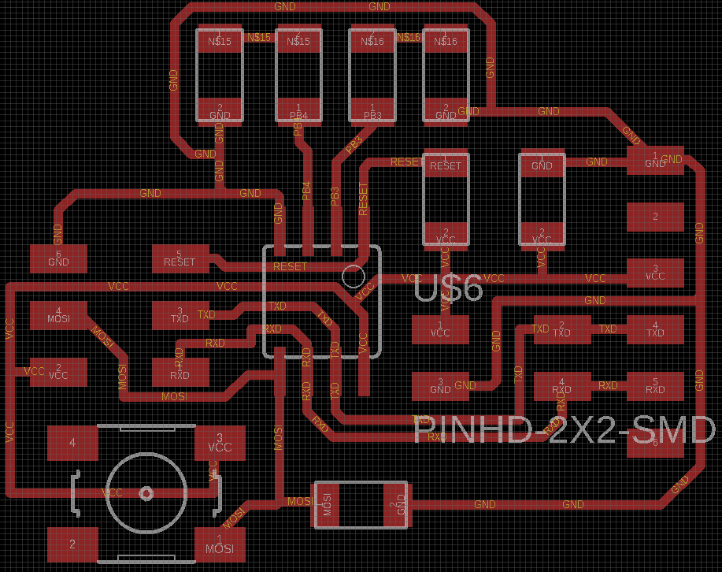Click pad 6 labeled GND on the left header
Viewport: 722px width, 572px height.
tap(58, 258)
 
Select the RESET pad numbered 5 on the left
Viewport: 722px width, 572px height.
tap(180, 258)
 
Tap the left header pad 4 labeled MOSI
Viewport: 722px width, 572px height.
tap(58, 315)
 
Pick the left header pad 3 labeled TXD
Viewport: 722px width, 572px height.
tap(180, 315)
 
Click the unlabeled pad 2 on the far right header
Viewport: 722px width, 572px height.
tap(655, 217)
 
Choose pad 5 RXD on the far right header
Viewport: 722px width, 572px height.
tap(655, 386)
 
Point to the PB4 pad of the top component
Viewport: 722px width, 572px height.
tap(298, 110)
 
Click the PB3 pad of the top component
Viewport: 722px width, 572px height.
tap(372, 110)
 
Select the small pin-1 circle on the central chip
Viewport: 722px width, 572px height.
tap(354, 276)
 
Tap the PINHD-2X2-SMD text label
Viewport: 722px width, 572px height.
tap(565, 430)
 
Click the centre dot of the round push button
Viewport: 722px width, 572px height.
tap(146, 493)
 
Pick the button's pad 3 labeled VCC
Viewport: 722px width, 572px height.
tap(220, 443)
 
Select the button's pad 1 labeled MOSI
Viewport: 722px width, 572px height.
tap(220, 544)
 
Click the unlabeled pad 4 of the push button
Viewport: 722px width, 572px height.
tap(72, 443)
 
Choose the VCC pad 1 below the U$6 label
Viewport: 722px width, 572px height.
tap(440, 329)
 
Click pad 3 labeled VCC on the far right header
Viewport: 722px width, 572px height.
tap(655, 273)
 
